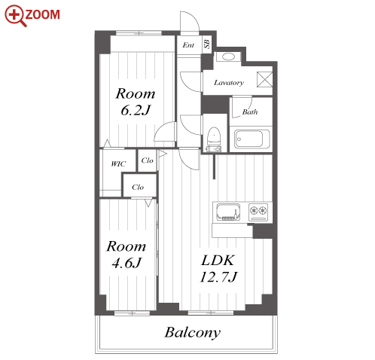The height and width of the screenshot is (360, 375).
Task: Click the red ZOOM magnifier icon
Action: pos(16,15)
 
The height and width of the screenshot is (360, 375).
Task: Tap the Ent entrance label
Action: pos(188,45)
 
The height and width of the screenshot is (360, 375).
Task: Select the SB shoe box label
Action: pos(207,44)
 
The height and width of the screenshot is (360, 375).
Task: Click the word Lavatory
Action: pos(229,83)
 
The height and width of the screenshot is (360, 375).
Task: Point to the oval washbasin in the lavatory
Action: pos(229,56)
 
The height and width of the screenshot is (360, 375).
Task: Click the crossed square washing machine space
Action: pos(264,80)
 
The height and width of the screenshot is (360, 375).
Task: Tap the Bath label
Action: pos(250,111)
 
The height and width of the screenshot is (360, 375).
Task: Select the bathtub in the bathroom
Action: pos(252,139)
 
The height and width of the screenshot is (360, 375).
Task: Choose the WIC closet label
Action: pos(118,164)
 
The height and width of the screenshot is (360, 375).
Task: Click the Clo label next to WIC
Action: pos(147,160)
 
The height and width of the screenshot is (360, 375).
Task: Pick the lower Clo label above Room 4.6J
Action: pos(138,187)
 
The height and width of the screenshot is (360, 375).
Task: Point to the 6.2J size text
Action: pos(136,110)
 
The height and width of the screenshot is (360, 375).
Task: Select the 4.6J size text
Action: pos(127,263)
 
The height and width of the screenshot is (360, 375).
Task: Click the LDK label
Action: pos(218,260)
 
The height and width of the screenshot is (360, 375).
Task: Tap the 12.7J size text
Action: pos(218,277)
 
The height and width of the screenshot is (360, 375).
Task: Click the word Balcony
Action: pos(193,333)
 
